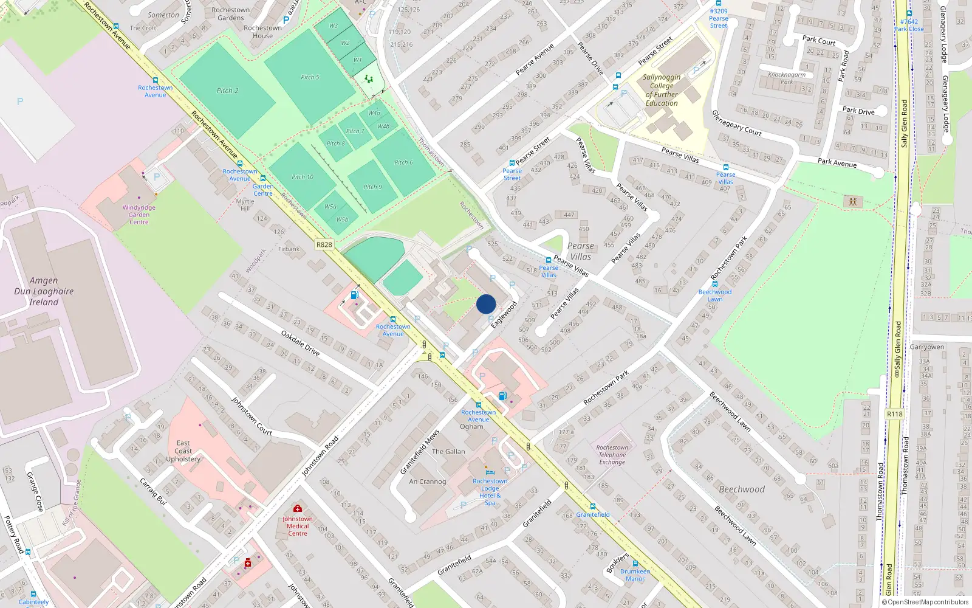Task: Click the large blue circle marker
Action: click(x=486, y=304)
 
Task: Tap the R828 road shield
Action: click(x=324, y=244)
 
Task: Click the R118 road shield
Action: click(x=894, y=414)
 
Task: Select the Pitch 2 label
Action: click(x=228, y=91)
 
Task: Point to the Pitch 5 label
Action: click(x=310, y=77)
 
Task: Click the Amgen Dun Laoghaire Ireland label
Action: click(x=44, y=291)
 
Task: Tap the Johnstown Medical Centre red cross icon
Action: click(x=298, y=508)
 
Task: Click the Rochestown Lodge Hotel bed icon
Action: click(x=490, y=472)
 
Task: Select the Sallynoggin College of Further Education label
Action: click(x=662, y=90)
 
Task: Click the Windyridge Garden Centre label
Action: click(x=139, y=215)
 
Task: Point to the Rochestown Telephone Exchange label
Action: click(x=612, y=455)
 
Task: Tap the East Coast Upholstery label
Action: click(x=183, y=451)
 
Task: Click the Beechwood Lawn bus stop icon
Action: click(x=715, y=284)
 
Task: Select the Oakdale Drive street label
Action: click(x=300, y=343)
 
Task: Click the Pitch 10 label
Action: click(x=303, y=177)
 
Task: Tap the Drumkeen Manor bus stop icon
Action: click(x=635, y=564)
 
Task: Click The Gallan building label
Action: click(x=448, y=452)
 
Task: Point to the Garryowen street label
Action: click(x=927, y=347)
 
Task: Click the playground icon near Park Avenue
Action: click(x=853, y=201)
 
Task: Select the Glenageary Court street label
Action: click(x=736, y=123)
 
